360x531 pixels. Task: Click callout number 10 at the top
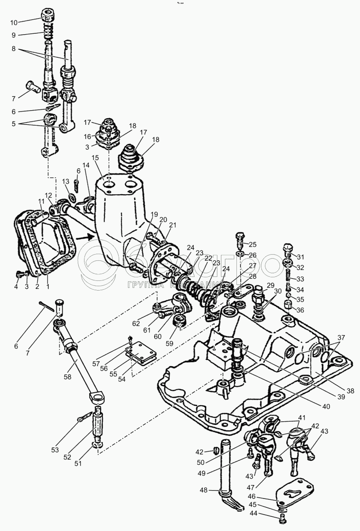coord(14,22)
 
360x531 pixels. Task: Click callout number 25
coord(252,244)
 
